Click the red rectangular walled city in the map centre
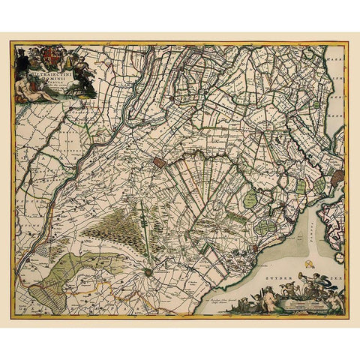tap(159, 161)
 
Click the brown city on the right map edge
tap(337, 177)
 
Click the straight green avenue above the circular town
tap(151, 240)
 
